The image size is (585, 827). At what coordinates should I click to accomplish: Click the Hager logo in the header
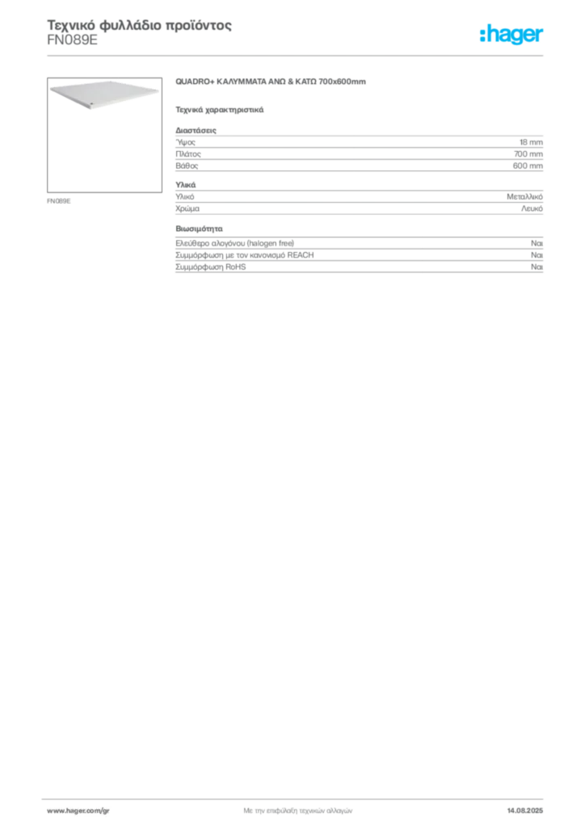coord(511,35)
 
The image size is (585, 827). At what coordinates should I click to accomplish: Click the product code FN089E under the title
coord(72,40)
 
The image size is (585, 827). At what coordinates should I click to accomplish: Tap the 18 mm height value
coord(531,142)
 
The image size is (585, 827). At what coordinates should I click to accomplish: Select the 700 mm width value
coord(528,154)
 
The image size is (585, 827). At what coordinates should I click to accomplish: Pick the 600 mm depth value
coord(528,166)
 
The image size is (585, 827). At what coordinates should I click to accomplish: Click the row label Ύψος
coord(186,142)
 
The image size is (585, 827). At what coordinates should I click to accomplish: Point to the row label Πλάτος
coord(188,154)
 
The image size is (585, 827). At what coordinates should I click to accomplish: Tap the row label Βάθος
coord(187,166)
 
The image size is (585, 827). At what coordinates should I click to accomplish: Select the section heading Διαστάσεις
coord(196,130)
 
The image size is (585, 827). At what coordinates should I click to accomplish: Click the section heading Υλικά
coord(186,185)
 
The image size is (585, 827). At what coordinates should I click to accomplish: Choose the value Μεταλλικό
coord(524,197)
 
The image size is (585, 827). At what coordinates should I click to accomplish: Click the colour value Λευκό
coord(532,208)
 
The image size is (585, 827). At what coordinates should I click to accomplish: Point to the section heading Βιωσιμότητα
coord(199,229)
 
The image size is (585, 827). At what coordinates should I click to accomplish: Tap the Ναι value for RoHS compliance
coord(537,267)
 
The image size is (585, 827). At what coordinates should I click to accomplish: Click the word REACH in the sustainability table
coord(300,255)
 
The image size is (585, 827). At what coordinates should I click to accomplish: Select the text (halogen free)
coord(270,243)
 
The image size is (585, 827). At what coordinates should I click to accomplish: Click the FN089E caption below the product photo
coord(58,201)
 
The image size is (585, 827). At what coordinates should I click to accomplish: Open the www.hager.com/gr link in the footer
coord(78,811)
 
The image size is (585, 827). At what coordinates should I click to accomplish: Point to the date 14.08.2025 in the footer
coord(525,811)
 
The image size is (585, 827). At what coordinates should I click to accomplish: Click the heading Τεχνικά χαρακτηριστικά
coord(220,110)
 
